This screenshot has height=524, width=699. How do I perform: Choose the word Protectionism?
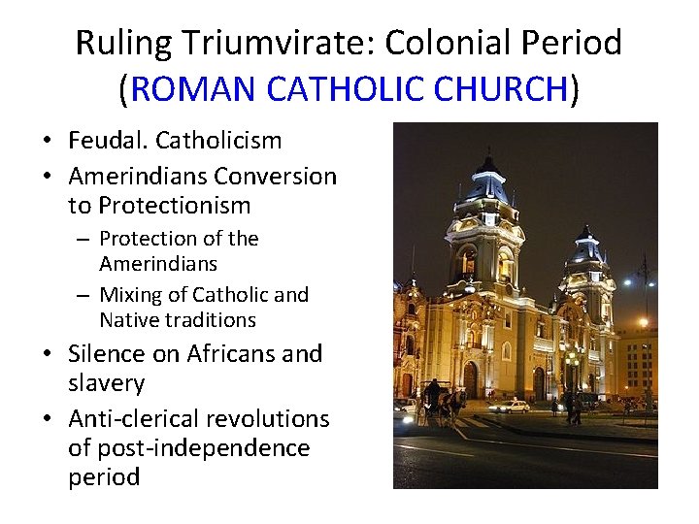coord(174,206)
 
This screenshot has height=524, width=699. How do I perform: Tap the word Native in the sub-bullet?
coord(130,320)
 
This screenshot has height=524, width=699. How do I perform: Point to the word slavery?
coord(106,383)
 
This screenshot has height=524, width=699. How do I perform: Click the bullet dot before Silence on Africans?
coord(49,355)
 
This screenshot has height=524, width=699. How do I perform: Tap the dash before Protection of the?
coord(85,239)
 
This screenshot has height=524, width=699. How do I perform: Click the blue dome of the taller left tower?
coord(487,181)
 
